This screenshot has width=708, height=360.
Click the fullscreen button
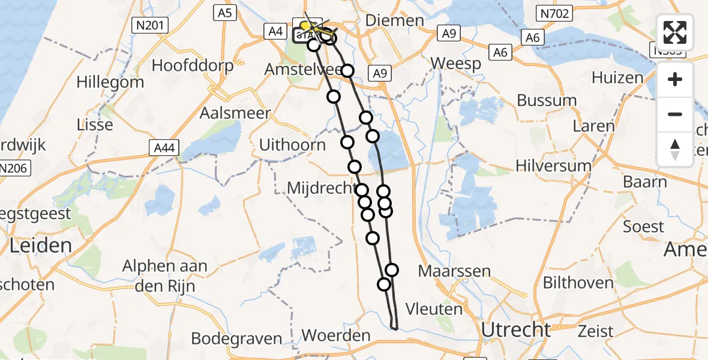(x=675, y=33)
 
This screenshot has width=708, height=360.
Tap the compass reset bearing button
(x=675, y=149)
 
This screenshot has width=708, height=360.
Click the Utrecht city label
(x=515, y=329)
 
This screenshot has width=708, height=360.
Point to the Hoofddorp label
(x=192, y=65)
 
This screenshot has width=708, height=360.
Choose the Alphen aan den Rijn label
(x=165, y=275)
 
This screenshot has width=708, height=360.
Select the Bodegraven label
(x=237, y=338)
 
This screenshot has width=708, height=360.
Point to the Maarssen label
(x=454, y=271)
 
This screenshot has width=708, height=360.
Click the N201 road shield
(x=149, y=25)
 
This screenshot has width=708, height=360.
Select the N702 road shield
(x=555, y=13)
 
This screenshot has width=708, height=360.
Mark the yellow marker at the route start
(x=306, y=26)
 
